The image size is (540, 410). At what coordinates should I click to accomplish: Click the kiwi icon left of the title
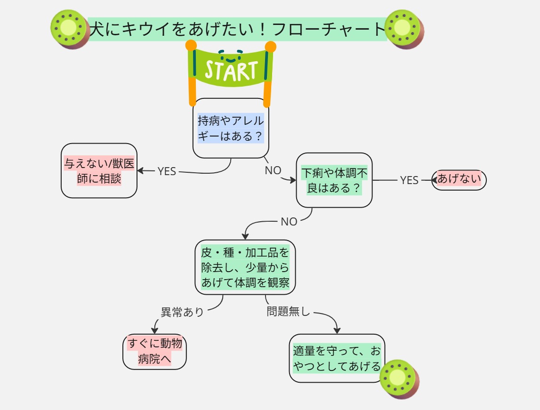pos(70,30)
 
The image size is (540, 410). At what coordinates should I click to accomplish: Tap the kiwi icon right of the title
pos(403,30)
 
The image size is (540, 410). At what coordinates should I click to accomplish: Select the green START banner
pos(231,71)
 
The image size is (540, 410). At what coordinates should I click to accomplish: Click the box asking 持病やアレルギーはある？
pos(231,128)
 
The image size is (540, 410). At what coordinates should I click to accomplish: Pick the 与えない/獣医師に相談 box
pos(99,170)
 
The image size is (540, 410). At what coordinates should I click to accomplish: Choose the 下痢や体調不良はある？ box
pos(334,180)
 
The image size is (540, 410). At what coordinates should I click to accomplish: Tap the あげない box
pos(459,179)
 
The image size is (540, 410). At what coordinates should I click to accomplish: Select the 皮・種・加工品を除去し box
pos(245,267)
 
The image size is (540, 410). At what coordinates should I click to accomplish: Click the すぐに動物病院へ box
pos(154,351)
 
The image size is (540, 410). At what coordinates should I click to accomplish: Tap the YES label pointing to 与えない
pos(167,171)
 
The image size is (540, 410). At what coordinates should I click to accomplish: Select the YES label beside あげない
pos(409,180)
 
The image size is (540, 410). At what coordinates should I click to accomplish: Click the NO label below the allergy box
pos(273,170)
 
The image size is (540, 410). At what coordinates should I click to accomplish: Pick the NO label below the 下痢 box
pos(289,222)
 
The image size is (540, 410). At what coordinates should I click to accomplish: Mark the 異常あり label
pos(182,312)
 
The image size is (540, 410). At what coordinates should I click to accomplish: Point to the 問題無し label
pos(288,311)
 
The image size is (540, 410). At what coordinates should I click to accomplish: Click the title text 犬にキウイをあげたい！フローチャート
pos(237,29)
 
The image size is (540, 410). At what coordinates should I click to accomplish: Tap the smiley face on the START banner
pos(231,56)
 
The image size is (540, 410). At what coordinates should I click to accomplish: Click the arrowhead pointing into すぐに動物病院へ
pos(154,331)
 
